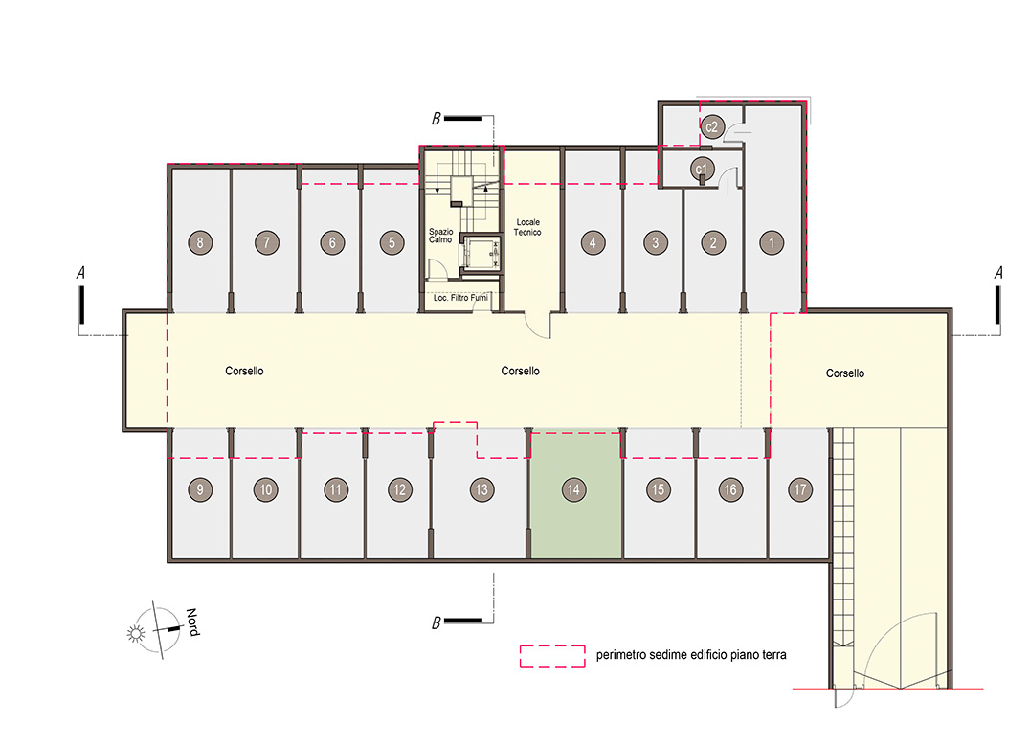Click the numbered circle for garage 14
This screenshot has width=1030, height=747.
pyautogui.click(x=573, y=489)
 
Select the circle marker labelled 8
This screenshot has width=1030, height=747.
pyautogui.click(x=200, y=243)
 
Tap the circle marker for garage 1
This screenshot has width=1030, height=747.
pyautogui.click(x=772, y=243)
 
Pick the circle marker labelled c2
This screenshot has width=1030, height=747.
pyautogui.click(x=712, y=126)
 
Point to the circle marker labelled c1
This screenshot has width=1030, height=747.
pyautogui.click(x=703, y=169)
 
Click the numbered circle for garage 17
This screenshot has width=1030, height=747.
pyautogui.click(x=800, y=489)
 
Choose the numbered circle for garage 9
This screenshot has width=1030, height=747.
pyautogui.click(x=200, y=489)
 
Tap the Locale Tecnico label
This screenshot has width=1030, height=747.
pyautogui.click(x=527, y=227)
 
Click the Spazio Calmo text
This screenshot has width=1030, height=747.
pyautogui.click(x=440, y=236)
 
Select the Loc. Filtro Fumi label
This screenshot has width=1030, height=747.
pyautogui.click(x=460, y=298)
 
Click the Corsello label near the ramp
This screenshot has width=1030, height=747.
pyautogui.click(x=844, y=373)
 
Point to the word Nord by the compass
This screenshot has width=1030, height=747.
pyautogui.click(x=192, y=622)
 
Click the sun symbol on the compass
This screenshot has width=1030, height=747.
pyautogui.click(x=136, y=633)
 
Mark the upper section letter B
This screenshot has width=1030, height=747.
pyautogui.click(x=436, y=119)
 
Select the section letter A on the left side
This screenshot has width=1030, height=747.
pyautogui.click(x=80, y=273)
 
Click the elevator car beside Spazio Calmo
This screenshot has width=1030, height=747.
pyautogui.click(x=481, y=253)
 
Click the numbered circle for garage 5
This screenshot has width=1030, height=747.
pyautogui.click(x=392, y=243)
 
